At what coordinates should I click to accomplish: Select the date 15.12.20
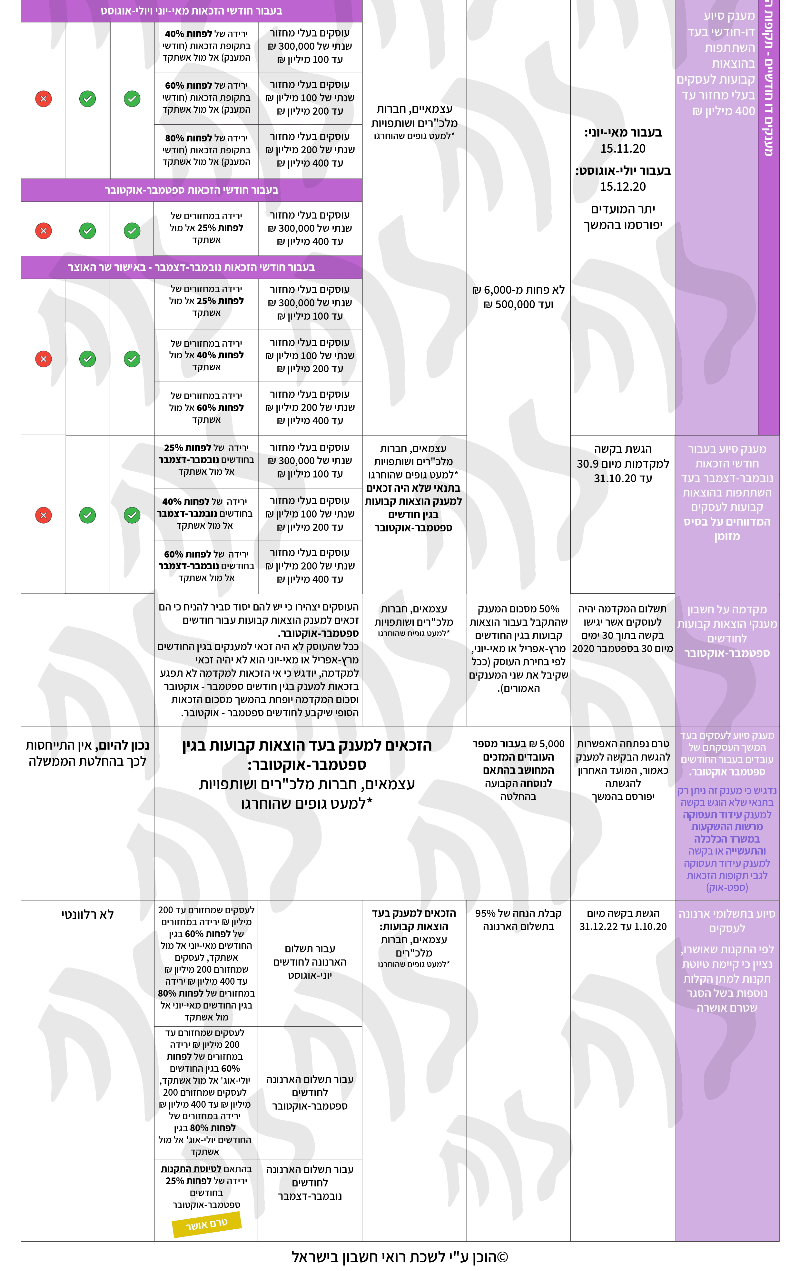[x=623, y=187]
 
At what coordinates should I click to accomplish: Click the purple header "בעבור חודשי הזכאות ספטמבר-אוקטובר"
[x=192, y=190]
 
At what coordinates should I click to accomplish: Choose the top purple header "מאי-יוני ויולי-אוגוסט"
[x=192, y=11]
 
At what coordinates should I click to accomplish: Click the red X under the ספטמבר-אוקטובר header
[x=43, y=231]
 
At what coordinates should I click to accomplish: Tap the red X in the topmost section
[x=43, y=99]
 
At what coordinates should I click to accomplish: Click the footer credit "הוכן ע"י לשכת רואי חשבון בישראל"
[x=400, y=1257]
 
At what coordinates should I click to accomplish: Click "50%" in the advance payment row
[x=549, y=609]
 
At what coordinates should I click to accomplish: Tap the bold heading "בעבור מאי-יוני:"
[x=623, y=132]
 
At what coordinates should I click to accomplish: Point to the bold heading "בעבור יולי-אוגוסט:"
[x=623, y=171]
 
